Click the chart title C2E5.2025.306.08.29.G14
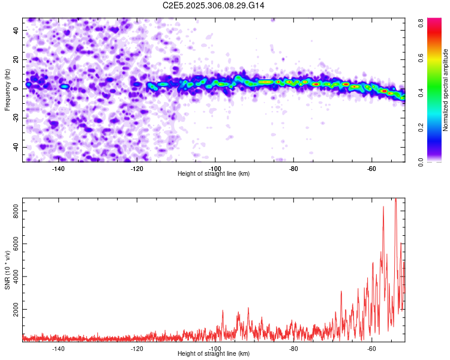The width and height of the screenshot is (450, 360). click(x=214, y=5)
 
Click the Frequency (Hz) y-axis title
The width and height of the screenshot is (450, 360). click(x=7, y=90)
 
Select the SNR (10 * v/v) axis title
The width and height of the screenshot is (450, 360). click(x=7, y=269)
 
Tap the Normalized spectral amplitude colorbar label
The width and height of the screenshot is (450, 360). click(x=446, y=90)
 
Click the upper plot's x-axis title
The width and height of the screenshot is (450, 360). click(x=214, y=173)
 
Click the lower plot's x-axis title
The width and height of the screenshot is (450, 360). click(x=214, y=354)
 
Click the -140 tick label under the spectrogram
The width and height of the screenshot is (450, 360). click(x=58, y=168)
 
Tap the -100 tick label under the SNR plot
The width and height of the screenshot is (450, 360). click(x=215, y=349)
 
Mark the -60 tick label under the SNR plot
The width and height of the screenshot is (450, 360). click(x=371, y=349)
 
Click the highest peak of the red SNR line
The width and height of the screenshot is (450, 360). click(x=395, y=199)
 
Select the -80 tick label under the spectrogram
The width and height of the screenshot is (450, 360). click(x=293, y=168)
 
